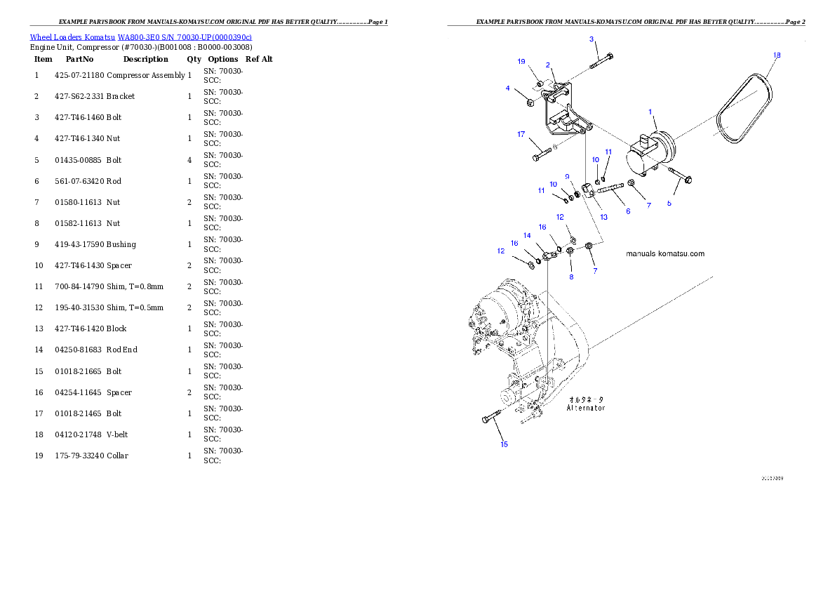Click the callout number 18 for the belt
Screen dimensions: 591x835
(776, 55)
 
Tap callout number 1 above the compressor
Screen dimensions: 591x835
(650, 112)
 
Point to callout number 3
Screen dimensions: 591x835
(592, 39)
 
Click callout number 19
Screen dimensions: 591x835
(521, 62)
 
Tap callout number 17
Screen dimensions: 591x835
(521, 134)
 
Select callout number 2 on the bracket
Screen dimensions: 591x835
(547, 65)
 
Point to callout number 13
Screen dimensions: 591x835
(603, 217)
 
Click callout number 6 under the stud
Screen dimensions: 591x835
(627, 211)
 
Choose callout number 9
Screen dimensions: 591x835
(567, 176)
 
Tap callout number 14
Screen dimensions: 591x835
(527, 236)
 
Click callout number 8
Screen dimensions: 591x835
(571, 277)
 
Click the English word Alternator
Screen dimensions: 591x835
(586, 408)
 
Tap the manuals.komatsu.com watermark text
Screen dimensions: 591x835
(664, 254)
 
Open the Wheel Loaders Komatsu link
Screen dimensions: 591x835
(140, 37)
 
